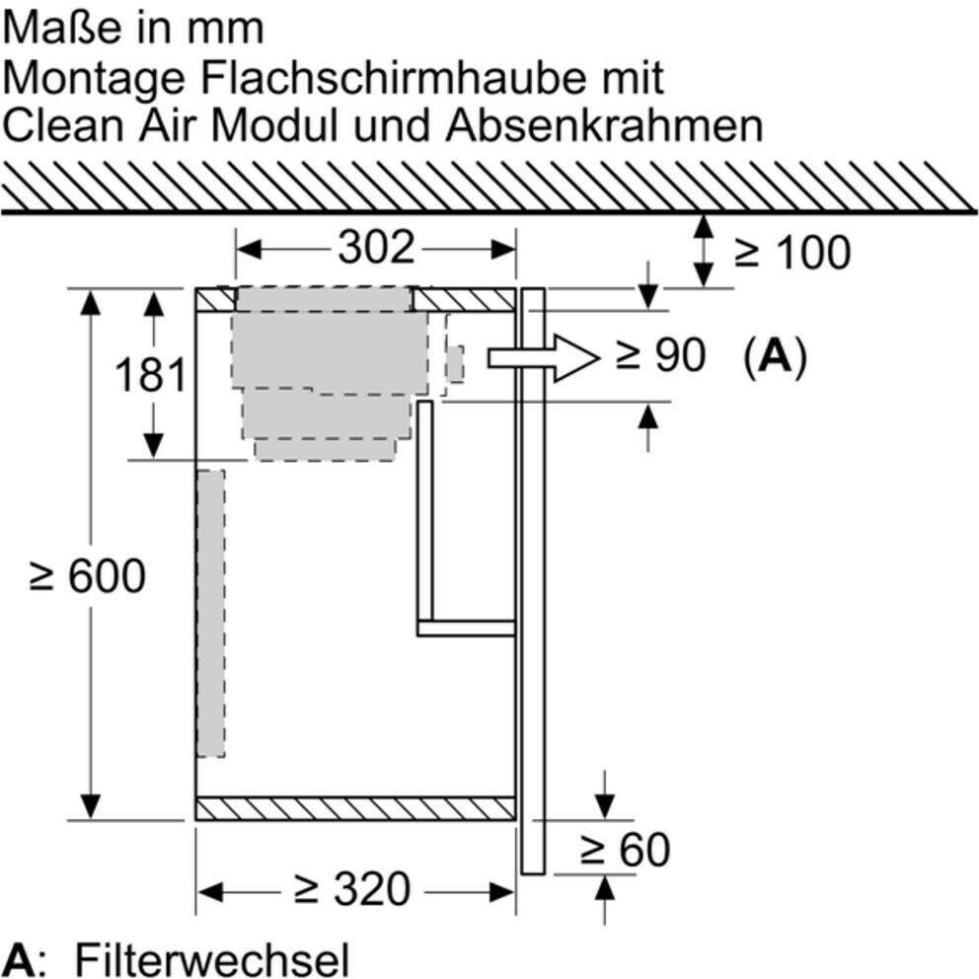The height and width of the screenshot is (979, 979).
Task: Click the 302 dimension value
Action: point(376,248)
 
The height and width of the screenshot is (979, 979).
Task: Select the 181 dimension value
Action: point(150,375)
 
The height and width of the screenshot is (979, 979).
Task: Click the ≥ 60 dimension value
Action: point(625,849)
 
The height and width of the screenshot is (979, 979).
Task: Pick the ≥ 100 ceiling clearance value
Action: point(792,253)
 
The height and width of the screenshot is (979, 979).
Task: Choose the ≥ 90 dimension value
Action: point(660,355)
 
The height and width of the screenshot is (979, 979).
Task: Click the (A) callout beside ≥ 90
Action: point(776,356)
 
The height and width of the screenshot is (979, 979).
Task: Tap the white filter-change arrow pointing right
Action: point(543,358)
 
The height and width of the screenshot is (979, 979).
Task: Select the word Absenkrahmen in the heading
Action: point(604,125)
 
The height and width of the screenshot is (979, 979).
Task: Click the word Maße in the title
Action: point(60,28)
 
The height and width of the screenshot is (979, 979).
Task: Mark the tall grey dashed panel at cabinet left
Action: point(211,614)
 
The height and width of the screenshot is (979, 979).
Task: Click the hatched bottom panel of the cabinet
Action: point(355,808)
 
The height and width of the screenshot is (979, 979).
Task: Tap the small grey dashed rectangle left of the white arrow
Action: point(455,364)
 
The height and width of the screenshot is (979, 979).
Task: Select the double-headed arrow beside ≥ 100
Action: point(704,251)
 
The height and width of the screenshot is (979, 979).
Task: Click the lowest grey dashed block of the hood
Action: point(325,450)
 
